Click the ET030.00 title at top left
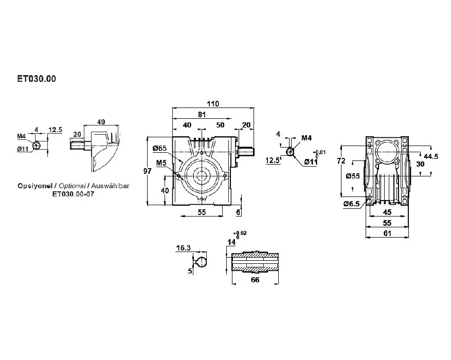[37, 80]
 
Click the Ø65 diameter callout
[160, 149]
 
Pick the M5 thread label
[161, 163]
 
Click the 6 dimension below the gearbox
[238, 212]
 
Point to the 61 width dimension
[387, 233]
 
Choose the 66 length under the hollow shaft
[255, 280]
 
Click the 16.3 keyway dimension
[184, 248]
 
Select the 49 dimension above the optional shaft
[100, 122]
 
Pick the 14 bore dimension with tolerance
[231, 241]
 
